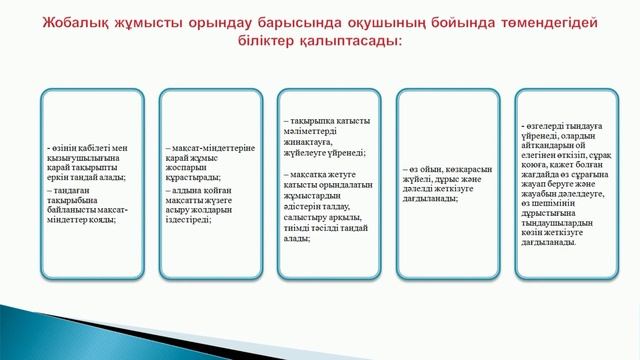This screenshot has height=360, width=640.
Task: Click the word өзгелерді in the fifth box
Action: (550, 127)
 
